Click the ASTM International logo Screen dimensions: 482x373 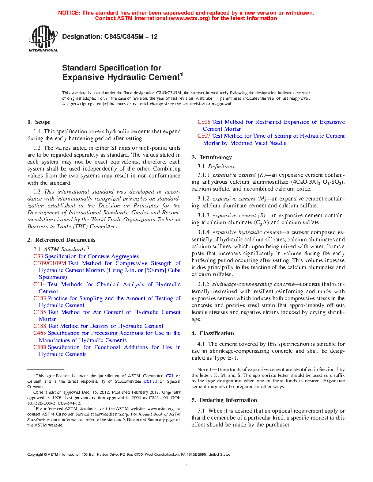click(x=43, y=38)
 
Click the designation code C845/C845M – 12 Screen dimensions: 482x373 click(x=131, y=37)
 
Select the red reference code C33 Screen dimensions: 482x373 click(x=38, y=256)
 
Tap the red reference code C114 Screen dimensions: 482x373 click(x=39, y=284)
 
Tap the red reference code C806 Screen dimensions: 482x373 click(x=204, y=122)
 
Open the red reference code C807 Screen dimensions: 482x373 click(x=204, y=136)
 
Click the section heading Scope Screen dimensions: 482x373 click(x=42, y=122)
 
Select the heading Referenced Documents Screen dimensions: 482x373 click(x=65, y=240)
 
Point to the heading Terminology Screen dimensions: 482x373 click(x=215, y=157)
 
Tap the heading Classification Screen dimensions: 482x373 click(x=216, y=333)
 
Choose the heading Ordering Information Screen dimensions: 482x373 click(x=228, y=400)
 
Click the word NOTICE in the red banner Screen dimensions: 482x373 click(x=69, y=13)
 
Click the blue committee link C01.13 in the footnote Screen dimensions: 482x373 click(x=150, y=381)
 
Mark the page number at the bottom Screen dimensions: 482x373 click(x=186, y=463)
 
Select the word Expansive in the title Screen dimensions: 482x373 click(x=83, y=77)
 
